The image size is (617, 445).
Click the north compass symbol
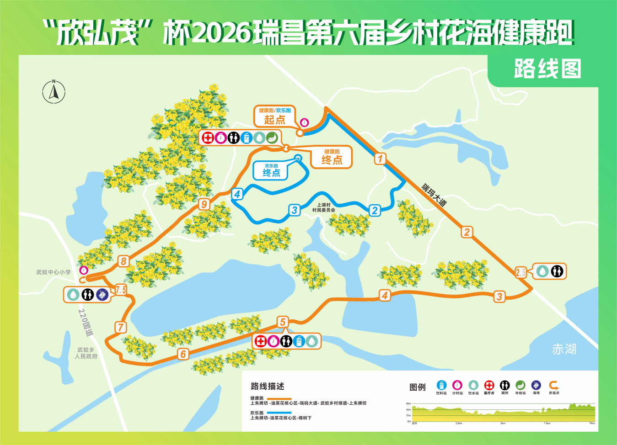[54, 91]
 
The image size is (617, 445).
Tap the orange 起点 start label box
[274, 116]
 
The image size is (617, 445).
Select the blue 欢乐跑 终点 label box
[271, 170]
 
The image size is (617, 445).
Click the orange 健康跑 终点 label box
[332, 157]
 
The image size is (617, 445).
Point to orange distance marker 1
[380, 159]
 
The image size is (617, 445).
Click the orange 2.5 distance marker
[520, 272]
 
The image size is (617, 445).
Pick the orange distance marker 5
[283, 322]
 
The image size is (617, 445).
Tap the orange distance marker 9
[204, 204]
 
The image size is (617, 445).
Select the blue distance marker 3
[295, 210]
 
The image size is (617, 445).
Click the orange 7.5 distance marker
[121, 290]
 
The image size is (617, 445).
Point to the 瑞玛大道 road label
[434, 195]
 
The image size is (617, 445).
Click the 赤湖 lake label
[564, 350]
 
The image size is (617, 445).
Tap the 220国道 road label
[86, 323]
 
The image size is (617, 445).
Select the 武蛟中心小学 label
[54, 272]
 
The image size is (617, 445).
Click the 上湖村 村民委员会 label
[324, 208]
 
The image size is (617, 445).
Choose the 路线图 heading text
[547, 69]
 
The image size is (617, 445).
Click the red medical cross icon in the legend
[489, 385]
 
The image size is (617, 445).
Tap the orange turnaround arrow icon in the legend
[553, 385]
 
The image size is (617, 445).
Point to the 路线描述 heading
[267, 387]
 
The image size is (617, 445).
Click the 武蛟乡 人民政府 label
[86, 353]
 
